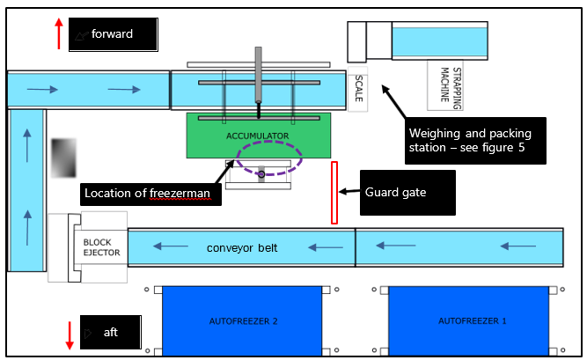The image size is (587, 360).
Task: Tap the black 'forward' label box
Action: point(114,34)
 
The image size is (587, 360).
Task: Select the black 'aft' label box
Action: point(110,332)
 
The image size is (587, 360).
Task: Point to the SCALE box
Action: point(358,90)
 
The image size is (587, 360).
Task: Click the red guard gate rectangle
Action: point(334,192)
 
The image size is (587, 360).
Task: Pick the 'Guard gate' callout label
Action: point(408,192)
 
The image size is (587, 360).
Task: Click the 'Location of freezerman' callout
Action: point(149,193)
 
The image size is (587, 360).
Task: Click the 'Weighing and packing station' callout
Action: point(476,141)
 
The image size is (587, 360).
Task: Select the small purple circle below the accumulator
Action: point(260,173)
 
